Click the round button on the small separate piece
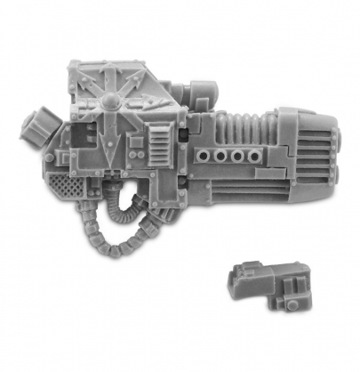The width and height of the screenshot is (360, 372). pyautogui.click(x=295, y=303)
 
